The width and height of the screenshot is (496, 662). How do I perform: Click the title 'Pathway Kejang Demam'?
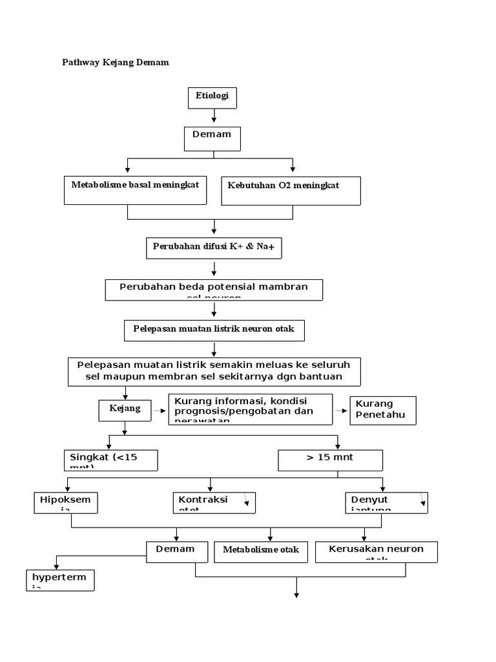click(x=115, y=63)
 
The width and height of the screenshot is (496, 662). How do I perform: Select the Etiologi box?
click(x=212, y=98)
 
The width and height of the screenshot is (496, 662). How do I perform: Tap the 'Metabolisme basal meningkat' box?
click(x=136, y=190)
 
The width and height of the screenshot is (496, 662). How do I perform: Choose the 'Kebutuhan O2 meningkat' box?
click(x=291, y=191)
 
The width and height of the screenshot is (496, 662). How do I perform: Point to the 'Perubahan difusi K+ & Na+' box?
click(x=214, y=248)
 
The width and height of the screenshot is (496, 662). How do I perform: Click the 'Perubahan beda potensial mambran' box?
click(x=214, y=290)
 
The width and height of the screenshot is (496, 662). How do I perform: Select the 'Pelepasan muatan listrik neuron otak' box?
click(x=214, y=330)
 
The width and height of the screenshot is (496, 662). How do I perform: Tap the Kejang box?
click(x=124, y=410)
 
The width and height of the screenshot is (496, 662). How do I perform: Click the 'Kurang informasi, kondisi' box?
click(x=251, y=409)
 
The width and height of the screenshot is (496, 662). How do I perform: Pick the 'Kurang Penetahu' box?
click(x=383, y=410)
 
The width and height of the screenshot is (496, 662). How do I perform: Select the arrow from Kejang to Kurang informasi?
click(x=159, y=410)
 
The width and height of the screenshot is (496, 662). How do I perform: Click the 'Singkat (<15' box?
click(x=110, y=460)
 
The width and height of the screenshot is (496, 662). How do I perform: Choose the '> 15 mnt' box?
click(x=330, y=460)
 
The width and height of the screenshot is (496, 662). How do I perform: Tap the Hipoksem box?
click(x=65, y=502)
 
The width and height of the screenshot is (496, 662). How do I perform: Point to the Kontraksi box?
click(x=214, y=502)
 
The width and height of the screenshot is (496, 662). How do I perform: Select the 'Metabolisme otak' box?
click(x=261, y=551)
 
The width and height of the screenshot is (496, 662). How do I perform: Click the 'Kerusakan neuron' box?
click(x=377, y=551)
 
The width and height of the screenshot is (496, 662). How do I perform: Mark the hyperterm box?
click(x=60, y=580)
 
